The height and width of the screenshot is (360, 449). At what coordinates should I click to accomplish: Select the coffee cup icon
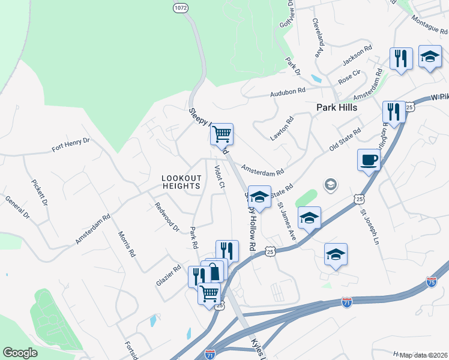coord(369,160)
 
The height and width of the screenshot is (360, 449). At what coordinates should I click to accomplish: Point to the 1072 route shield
coord(180,7)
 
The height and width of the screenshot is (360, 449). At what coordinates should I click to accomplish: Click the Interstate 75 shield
coord(431,281)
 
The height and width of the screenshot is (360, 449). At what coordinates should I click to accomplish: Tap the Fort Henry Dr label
coord(70,143)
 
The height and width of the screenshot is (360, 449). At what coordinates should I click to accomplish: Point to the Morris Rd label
coord(127,244)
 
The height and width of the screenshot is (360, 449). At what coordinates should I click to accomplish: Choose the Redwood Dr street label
coord(167,217)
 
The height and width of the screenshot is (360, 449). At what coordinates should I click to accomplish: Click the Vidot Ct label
coord(219,176)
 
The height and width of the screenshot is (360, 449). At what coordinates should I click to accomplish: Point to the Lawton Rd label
coord(282,128)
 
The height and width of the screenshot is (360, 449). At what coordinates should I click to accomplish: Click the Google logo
coord(20,353)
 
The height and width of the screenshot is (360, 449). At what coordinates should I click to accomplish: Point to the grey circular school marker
coord(330,184)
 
